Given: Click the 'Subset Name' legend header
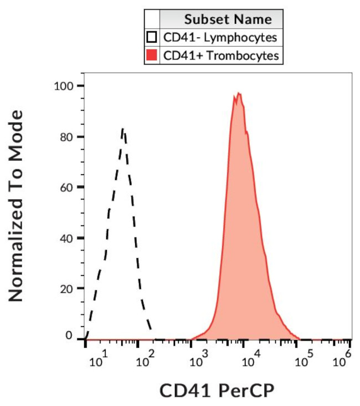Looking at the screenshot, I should pyautogui.click(x=228, y=19).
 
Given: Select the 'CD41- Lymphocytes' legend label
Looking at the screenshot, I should pyautogui.click(x=219, y=38).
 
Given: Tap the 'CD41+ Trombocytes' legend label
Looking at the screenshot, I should pyautogui.click(x=220, y=55).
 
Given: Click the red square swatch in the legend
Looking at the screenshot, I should pyautogui.click(x=151, y=55).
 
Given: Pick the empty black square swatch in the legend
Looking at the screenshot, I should pyautogui.click(x=151, y=38).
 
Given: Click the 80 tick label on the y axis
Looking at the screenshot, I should pyautogui.click(x=67, y=137).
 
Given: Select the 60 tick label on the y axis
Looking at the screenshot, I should pyautogui.click(x=67, y=187).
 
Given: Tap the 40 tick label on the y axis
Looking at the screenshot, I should pyautogui.click(x=67, y=238).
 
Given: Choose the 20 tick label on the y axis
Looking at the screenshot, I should pyautogui.click(x=67, y=289).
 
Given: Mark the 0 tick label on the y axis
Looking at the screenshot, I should pyautogui.click(x=70, y=335).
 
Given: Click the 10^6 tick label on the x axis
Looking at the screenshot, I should pyautogui.click(x=341, y=361).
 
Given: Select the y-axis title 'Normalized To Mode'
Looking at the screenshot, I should pyautogui.click(x=17, y=206).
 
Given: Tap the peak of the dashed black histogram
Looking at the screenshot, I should pyautogui.click(x=123, y=129).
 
